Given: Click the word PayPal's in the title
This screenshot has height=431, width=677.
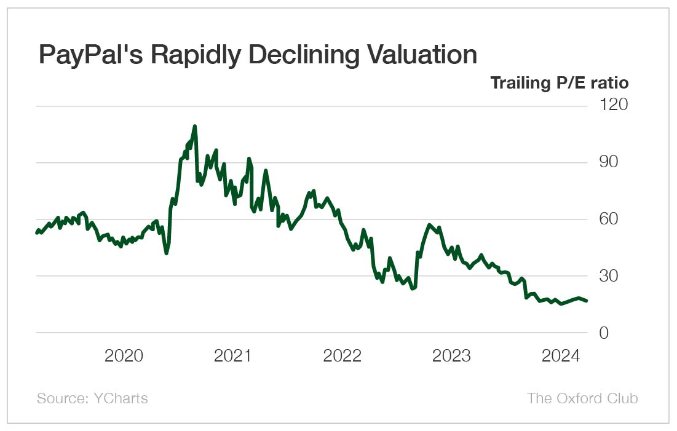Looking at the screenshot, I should click(89, 55).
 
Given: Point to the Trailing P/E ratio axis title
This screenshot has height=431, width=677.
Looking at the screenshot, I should click(559, 82).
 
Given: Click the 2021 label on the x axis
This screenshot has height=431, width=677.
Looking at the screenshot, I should click(232, 356).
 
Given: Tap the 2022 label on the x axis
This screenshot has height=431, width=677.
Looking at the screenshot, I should click(342, 356).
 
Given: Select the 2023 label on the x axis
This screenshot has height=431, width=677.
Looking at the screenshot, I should click(451, 356).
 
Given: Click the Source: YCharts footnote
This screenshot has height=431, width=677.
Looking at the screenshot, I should click(92, 398).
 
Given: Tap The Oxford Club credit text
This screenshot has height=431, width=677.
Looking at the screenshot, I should click(582, 398).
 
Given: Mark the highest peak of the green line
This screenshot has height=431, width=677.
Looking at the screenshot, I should click(194, 126).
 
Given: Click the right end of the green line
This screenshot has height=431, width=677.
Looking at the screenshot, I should click(587, 301).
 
